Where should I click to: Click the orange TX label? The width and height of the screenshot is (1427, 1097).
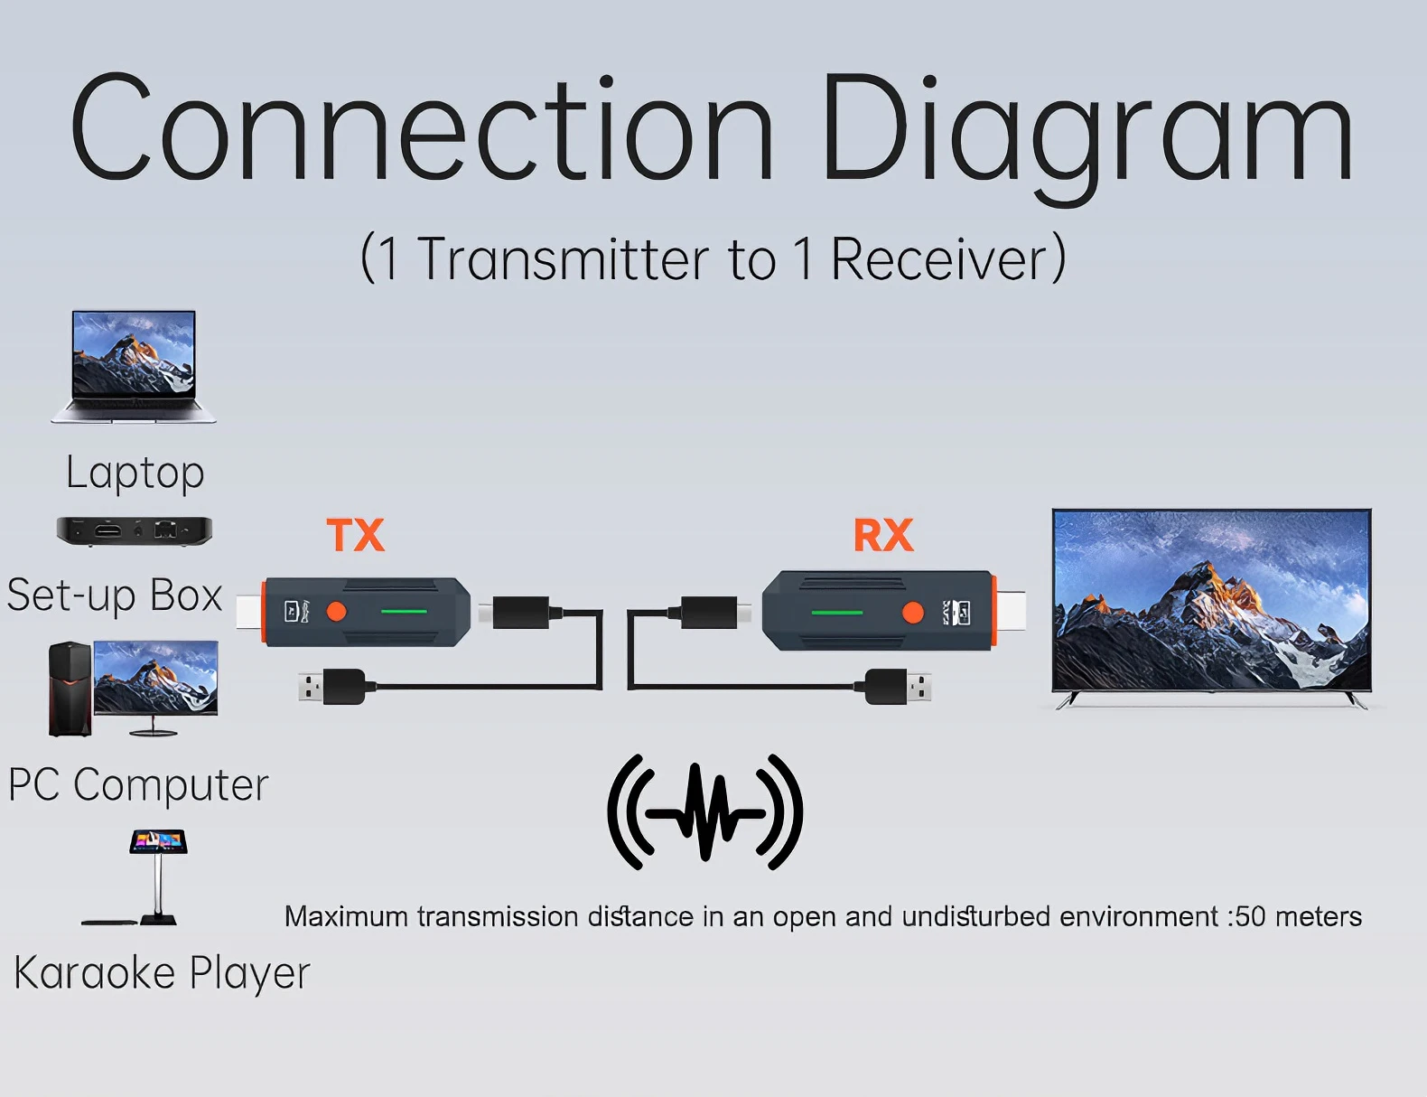(355, 535)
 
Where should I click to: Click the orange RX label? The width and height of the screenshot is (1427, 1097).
(883, 535)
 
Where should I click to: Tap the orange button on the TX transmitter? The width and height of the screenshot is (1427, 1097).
(336, 611)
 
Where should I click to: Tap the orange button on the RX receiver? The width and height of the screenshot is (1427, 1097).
(913, 613)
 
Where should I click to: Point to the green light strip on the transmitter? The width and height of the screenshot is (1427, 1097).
(404, 611)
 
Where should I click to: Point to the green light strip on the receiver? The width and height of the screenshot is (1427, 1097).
(836, 613)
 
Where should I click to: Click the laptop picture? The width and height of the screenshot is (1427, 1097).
(134, 367)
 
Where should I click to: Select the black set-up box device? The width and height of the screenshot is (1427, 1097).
(135, 531)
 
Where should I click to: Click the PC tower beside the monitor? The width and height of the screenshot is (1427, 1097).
(70, 689)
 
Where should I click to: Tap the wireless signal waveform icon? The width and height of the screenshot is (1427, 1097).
(705, 812)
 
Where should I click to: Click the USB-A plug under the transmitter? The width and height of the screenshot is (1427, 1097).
(331, 687)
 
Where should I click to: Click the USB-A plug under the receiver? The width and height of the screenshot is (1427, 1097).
(898, 687)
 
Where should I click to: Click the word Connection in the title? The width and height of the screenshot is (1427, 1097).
(420, 127)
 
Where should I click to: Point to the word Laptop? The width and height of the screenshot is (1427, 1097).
(135, 473)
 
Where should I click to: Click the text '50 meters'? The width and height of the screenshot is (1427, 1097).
(1298, 916)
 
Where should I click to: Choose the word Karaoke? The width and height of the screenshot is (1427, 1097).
(95, 972)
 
